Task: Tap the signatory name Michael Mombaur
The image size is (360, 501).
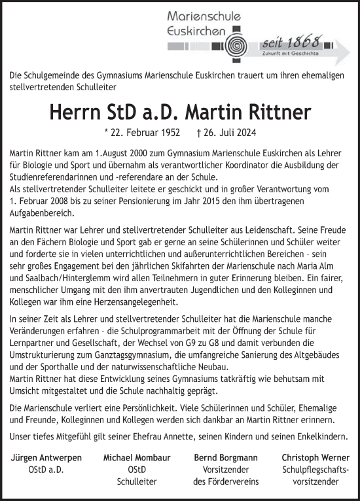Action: (x=133, y=458)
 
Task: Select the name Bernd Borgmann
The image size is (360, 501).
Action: (x=225, y=458)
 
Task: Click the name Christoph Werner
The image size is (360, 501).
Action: (x=315, y=458)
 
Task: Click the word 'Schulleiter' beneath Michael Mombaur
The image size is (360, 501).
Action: (x=133, y=481)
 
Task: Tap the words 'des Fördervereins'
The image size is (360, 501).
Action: (x=226, y=481)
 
